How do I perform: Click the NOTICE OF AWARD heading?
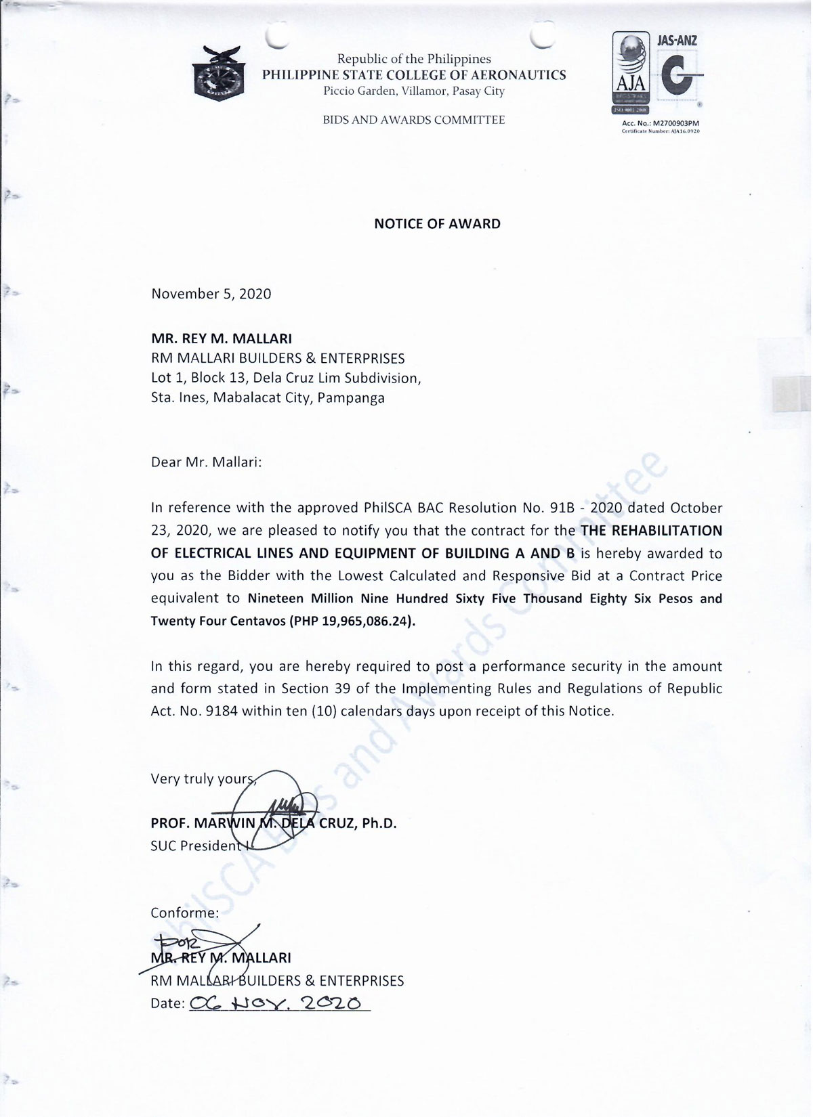(437, 224)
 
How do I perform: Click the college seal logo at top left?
(217, 74)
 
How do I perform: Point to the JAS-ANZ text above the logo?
(677, 41)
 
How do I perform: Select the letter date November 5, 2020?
(211, 294)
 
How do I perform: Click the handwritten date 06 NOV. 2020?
(278, 1003)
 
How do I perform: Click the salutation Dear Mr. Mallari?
(206, 462)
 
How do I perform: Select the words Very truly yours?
(202, 779)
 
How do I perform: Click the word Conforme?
(184, 913)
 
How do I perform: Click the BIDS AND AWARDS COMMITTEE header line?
(413, 121)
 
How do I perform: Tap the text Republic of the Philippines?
(414, 60)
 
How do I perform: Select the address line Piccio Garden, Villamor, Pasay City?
(413, 91)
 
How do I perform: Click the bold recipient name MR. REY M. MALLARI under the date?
(222, 338)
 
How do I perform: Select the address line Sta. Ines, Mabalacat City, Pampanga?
(268, 398)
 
